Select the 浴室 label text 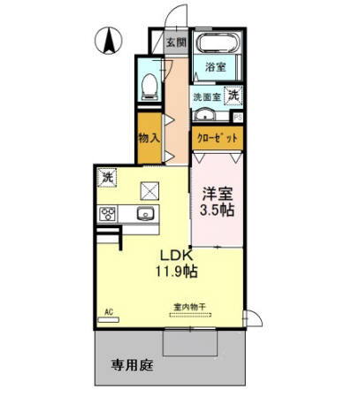coord(217,66)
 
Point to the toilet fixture coord(150,85)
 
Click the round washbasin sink coord(204,115)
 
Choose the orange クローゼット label coord(217,138)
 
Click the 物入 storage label coord(149,138)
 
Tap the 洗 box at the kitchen coord(107,176)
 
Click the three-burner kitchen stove coord(109,214)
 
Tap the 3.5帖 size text coord(218,210)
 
